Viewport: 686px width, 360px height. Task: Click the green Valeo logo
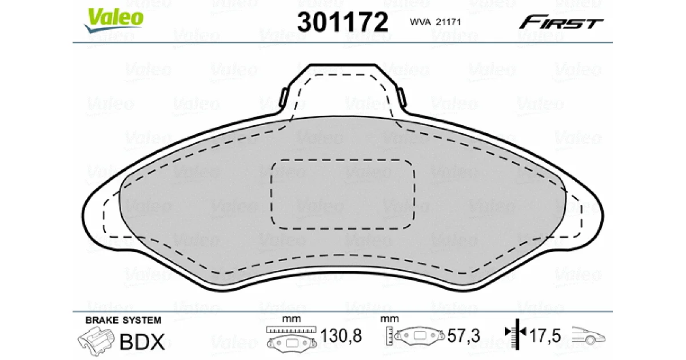(113, 19)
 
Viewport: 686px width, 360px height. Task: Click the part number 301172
(342, 22)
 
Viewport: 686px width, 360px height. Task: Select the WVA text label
(420, 22)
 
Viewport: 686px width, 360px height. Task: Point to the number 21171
(448, 22)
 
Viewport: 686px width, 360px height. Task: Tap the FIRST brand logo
(561, 22)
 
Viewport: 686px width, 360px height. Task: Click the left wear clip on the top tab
(284, 97)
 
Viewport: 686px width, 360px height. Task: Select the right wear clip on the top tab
(402, 97)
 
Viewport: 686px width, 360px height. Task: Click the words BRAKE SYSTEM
(123, 320)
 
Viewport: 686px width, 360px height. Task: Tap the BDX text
(142, 342)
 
